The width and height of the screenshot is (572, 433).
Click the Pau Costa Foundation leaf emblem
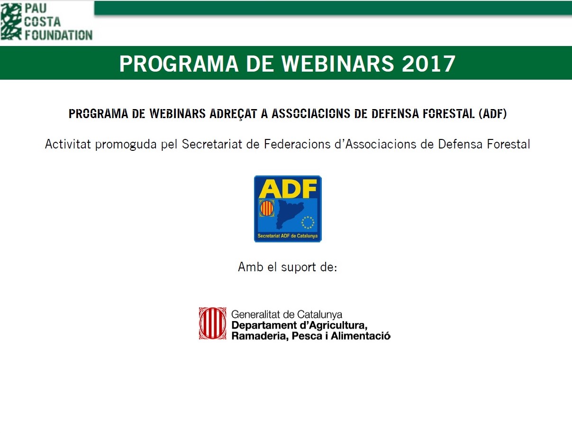11,22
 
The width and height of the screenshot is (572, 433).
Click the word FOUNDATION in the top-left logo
59,35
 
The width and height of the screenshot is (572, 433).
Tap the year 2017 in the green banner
429,64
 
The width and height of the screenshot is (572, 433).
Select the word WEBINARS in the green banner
337,64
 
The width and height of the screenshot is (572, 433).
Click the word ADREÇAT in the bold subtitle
233,114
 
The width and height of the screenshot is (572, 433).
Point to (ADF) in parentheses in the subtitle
493,114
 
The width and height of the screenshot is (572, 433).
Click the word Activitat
68,144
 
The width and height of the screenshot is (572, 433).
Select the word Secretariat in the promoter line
212,144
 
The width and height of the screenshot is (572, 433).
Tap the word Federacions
297,144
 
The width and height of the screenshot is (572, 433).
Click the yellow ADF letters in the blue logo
288,189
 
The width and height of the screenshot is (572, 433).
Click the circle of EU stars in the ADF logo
308,222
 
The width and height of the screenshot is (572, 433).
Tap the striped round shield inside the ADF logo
267,208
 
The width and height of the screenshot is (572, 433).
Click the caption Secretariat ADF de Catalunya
288,236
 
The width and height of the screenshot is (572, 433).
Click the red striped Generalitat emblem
213,323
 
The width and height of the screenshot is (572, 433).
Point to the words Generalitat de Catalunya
287,314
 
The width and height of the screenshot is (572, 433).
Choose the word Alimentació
361,336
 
